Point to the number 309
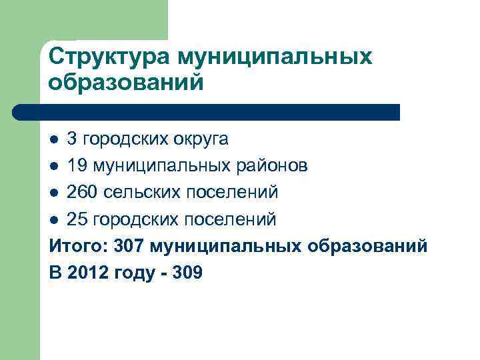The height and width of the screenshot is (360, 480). coord(187,273)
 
